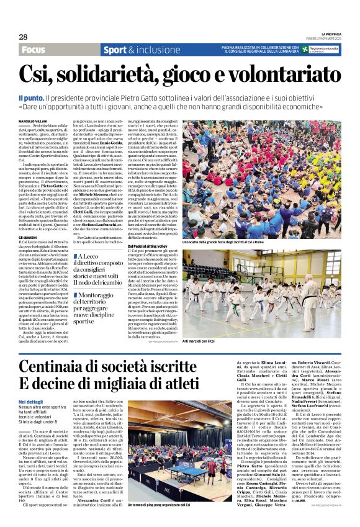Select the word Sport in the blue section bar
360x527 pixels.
point(114,50)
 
